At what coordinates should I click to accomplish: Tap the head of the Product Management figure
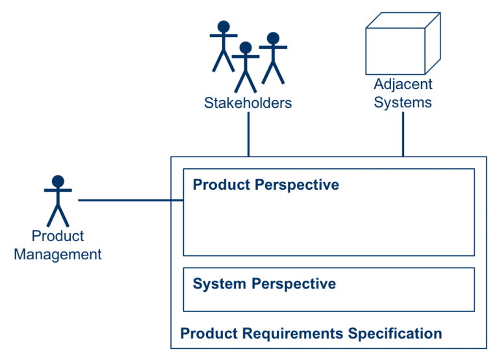[x=58, y=181]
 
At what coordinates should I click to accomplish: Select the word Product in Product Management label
[x=58, y=237]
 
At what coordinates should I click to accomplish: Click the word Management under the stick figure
[x=58, y=254]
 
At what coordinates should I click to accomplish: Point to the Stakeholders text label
[x=248, y=103]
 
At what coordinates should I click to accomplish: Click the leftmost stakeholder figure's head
[x=224, y=27]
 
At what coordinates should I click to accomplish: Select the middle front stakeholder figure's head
[x=245, y=48]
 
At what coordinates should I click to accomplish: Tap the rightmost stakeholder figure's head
[x=273, y=38]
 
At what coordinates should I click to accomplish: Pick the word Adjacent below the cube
[x=403, y=84]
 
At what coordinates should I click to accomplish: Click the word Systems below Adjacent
[x=403, y=103]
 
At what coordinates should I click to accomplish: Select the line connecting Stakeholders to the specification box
[x=248, y=133]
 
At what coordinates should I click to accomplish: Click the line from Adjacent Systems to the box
[x=403, y=133]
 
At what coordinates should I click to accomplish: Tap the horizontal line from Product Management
[x=130, y=201]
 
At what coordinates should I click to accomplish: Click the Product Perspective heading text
[x=266, y=185]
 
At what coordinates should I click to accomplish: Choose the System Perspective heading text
[x=264, y=284]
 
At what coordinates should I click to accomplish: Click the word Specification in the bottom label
[x=395, y=334]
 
